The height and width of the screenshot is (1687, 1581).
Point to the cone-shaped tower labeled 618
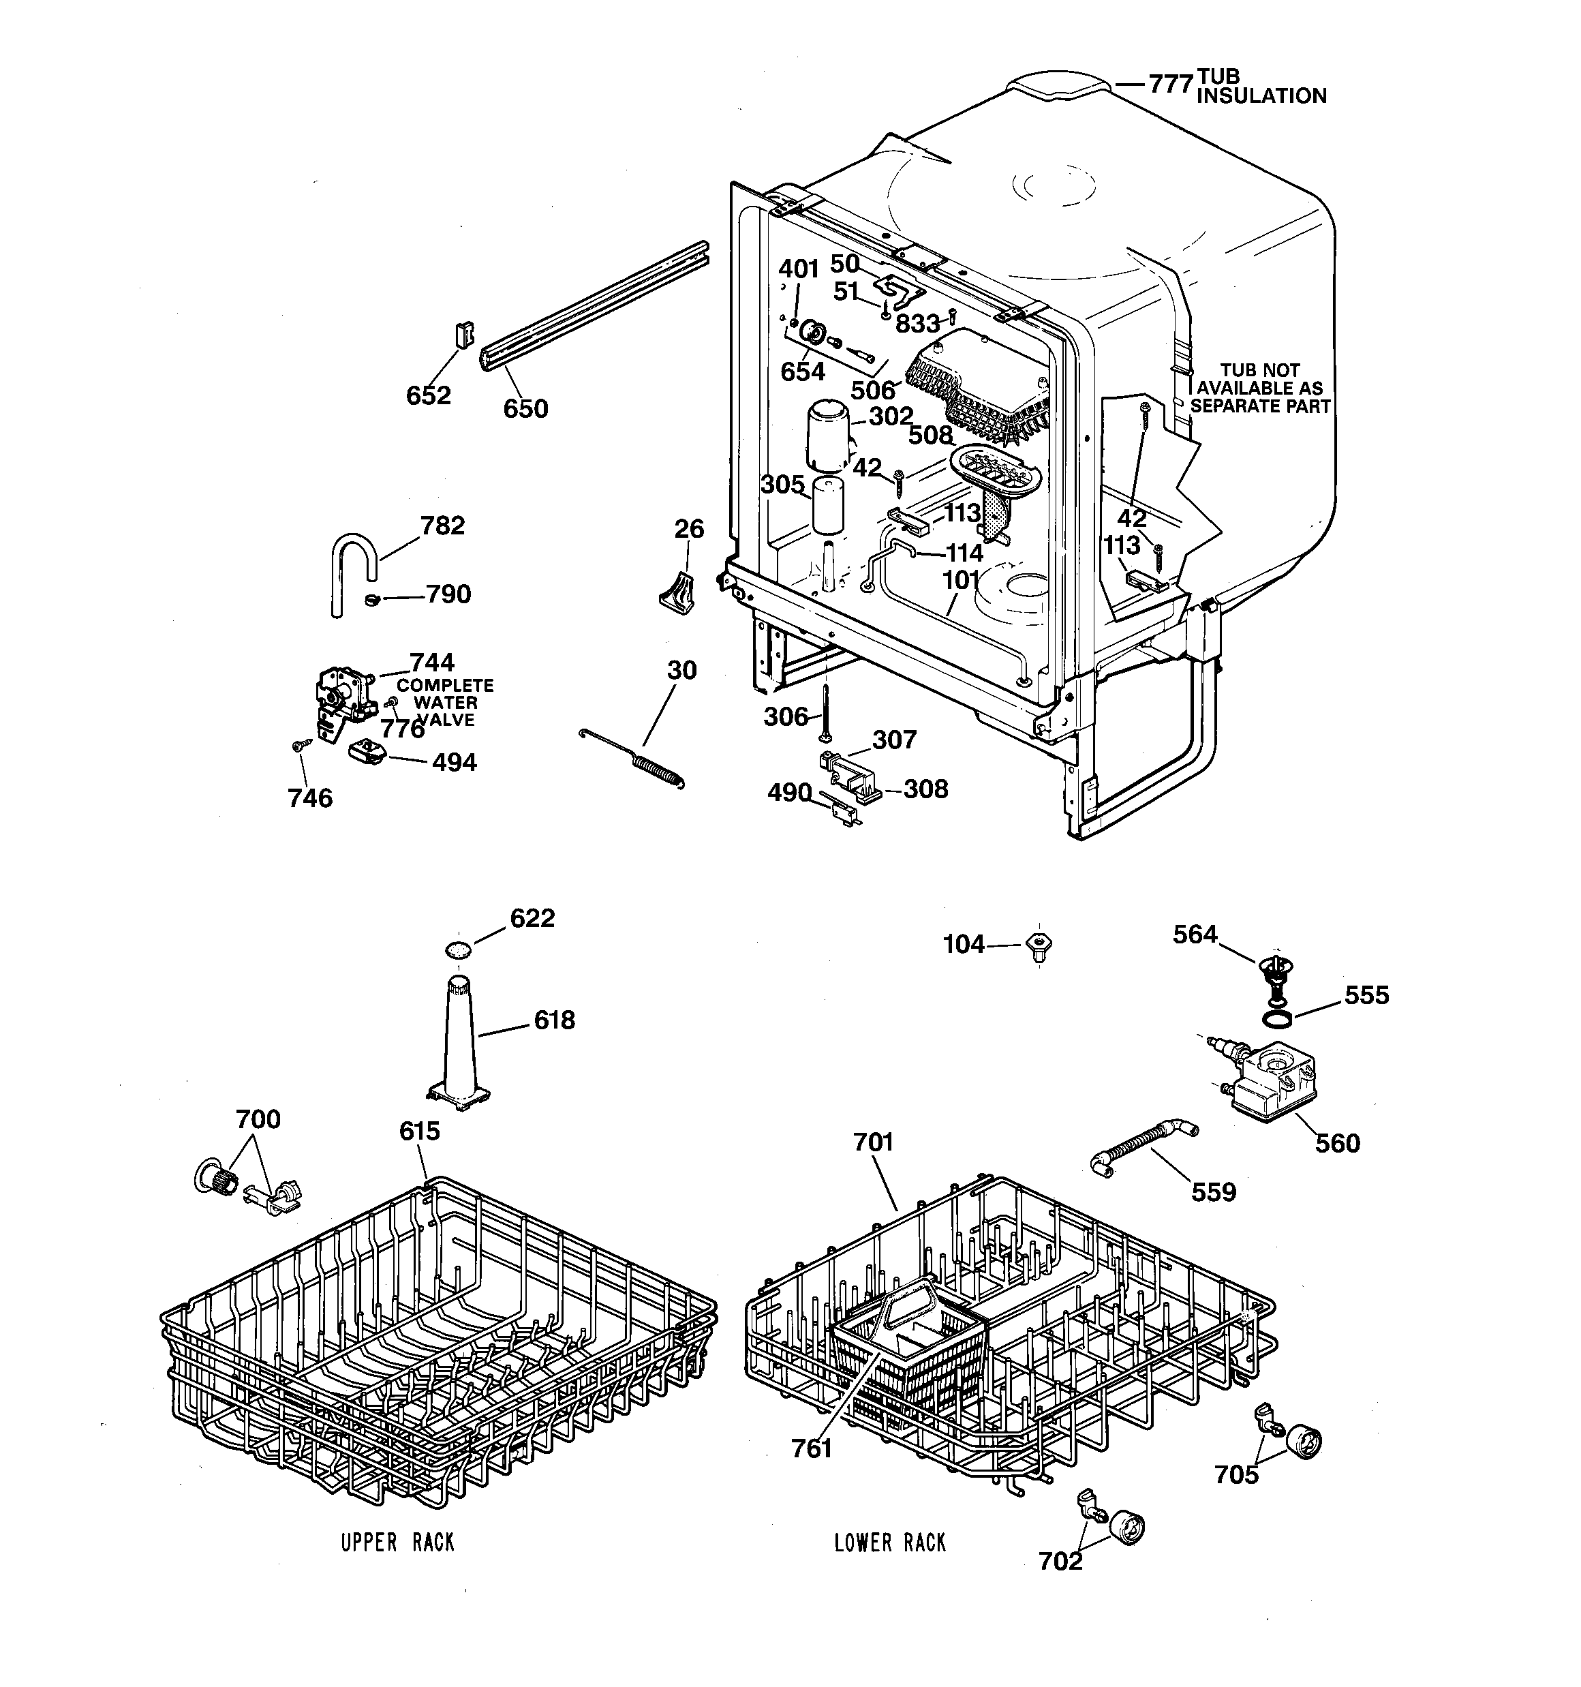coord(460,1044)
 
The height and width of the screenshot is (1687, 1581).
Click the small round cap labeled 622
coord(458,948)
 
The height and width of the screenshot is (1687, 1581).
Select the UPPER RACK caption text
coord(397,1542)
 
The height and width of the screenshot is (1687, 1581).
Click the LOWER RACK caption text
coord(889,1542)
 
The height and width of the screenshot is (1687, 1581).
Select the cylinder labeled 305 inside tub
coord(826,506)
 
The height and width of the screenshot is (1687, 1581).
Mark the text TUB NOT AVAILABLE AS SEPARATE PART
coord(1259,389)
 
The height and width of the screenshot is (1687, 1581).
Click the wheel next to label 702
coord(1127,1528)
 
